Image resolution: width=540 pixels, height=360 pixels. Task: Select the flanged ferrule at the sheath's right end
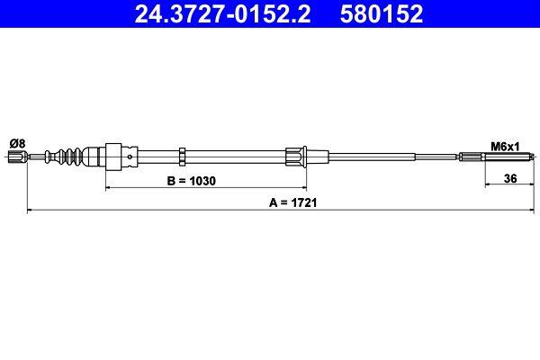[295, 157]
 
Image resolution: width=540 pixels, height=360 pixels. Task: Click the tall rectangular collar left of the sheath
[114, 157]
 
